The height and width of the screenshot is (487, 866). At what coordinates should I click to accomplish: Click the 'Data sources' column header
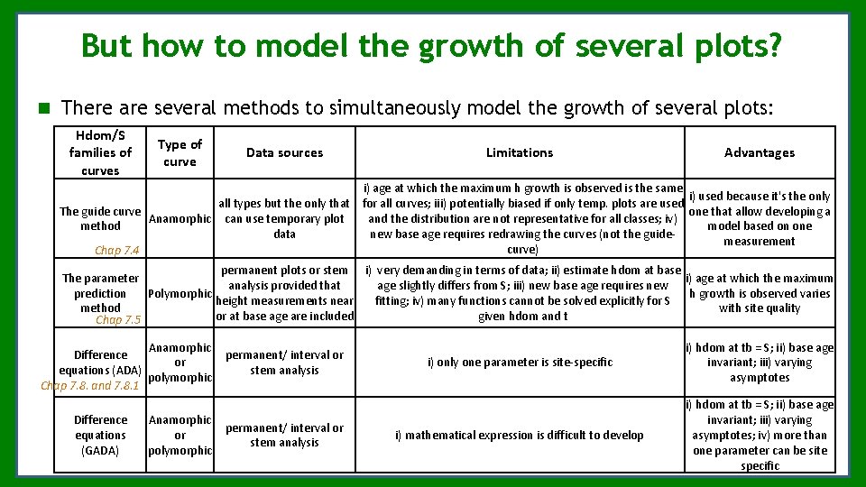(284, 152)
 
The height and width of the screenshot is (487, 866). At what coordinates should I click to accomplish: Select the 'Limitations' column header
(520, 152)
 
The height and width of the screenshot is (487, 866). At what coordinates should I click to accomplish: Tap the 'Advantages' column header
(760, 152)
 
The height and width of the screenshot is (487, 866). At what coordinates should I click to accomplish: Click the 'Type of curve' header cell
(180, 152)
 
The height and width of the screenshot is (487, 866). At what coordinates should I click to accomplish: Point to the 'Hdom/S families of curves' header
(100, 152)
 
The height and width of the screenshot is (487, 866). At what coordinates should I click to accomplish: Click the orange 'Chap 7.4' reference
(117, 251)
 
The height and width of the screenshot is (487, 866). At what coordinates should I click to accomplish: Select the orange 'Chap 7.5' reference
(118, 319)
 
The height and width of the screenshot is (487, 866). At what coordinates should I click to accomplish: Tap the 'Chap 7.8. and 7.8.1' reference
(90, 385)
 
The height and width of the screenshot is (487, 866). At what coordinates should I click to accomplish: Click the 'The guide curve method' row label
(100, 218)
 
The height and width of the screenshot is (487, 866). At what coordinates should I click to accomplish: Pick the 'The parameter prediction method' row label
(100, 293)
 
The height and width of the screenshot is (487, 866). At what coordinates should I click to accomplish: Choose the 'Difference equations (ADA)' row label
(100, 363)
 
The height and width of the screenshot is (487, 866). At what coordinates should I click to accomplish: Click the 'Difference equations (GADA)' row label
(100, 435)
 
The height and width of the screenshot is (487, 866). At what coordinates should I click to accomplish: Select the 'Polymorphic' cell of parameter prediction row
(180, 293)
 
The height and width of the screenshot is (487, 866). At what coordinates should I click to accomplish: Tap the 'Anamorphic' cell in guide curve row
(180, 218)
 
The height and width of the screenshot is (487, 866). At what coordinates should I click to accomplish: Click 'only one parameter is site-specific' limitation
(520, 363)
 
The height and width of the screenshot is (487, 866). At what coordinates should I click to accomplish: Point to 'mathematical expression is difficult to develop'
(520, 436)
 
